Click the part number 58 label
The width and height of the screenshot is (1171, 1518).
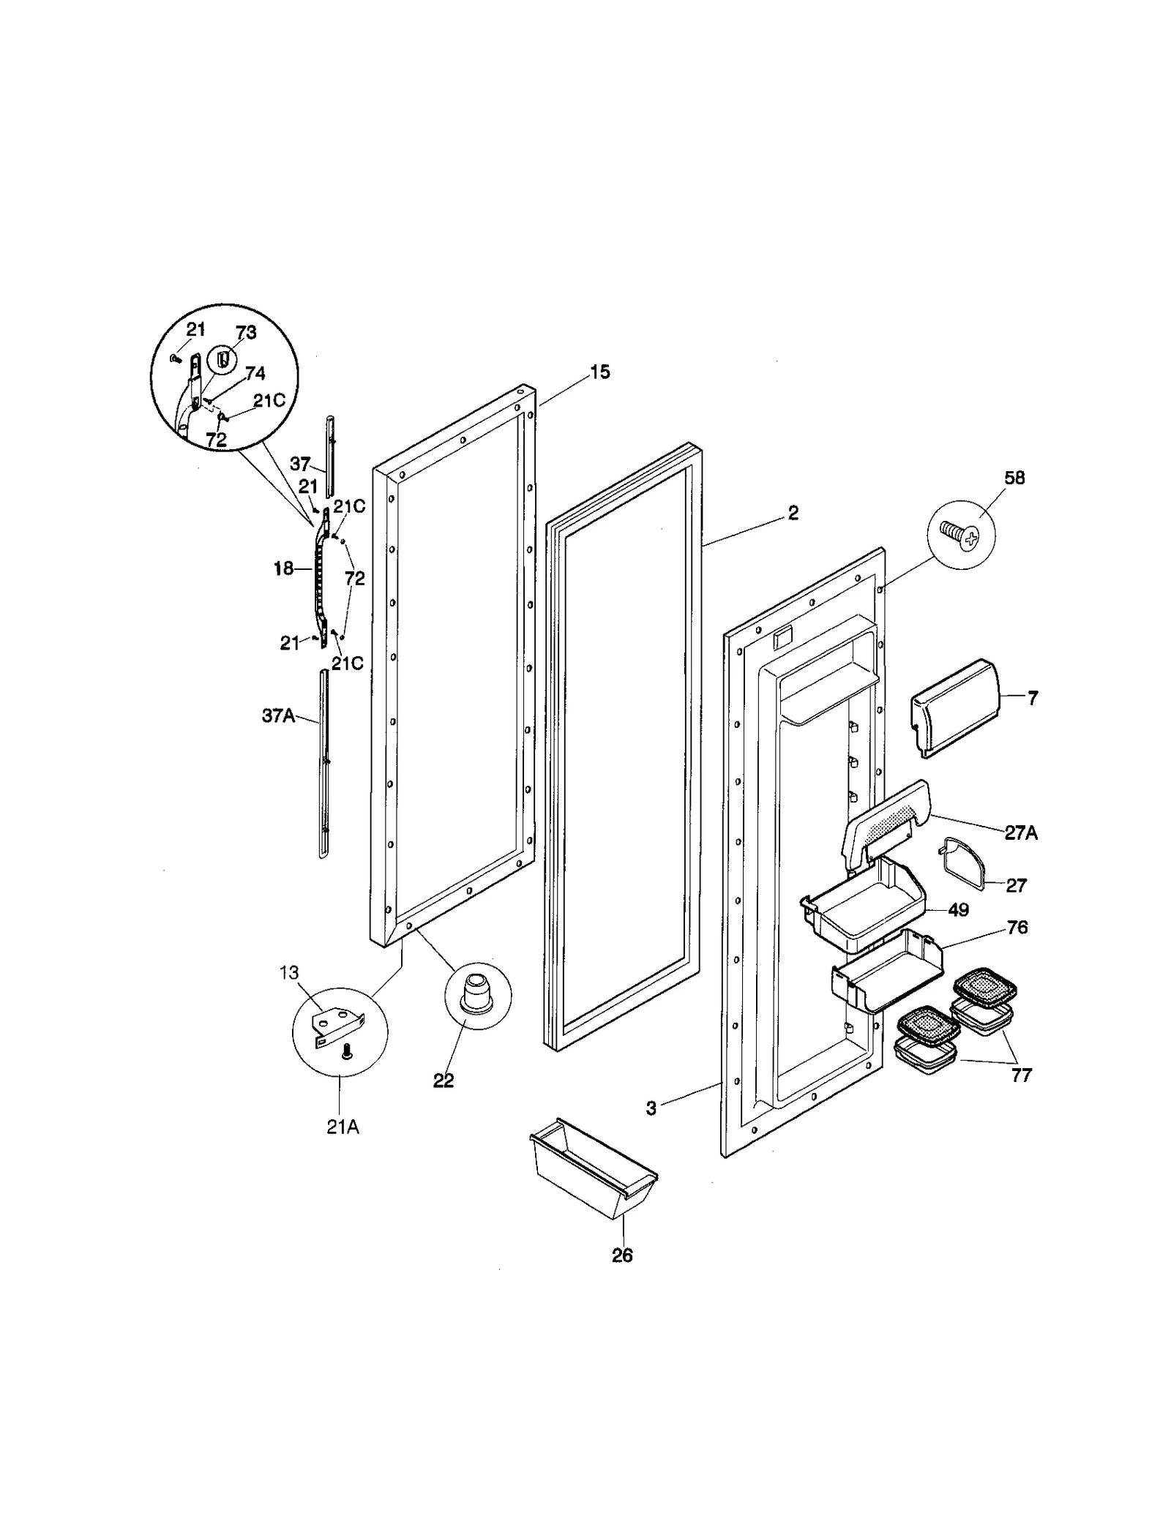coord(1014,478)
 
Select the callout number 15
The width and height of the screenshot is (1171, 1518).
coord(599,372)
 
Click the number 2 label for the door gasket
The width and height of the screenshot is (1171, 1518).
coord(793,513)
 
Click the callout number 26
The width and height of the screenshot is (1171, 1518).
coord(621,1255)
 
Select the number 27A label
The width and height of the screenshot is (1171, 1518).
coord(1020,833)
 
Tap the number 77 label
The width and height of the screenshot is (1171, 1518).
coord(1021,1075)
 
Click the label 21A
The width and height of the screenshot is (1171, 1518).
coord(343,1127)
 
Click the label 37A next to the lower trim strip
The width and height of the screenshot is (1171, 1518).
coord(278,715)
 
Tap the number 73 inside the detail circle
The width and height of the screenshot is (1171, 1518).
coord(246,332)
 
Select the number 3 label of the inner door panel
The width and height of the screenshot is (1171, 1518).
coord(651,1108)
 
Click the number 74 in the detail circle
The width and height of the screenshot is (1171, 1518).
coord(255,374)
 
